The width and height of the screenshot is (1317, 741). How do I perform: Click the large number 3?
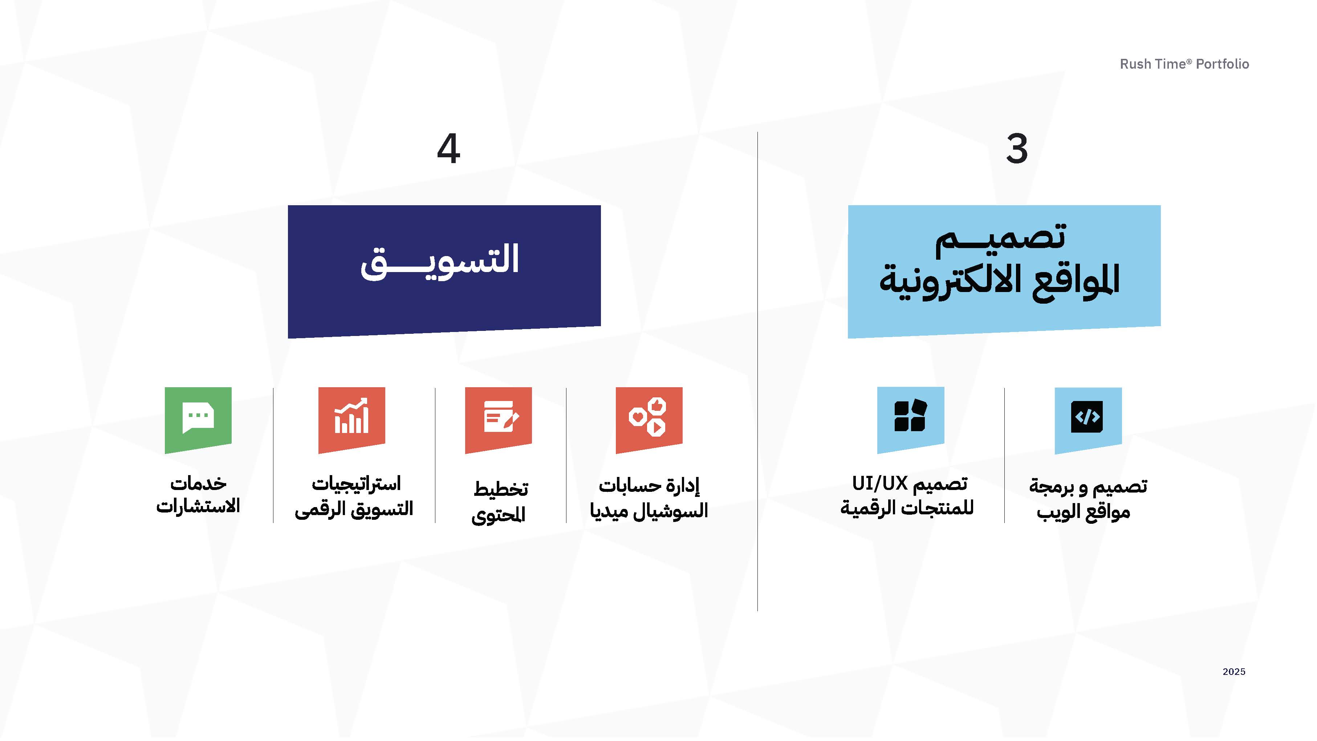1016,149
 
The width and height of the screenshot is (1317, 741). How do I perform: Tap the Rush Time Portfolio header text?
1184,64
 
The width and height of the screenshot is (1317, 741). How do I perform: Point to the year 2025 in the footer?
1233,672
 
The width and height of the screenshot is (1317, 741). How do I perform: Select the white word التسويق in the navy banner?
440,261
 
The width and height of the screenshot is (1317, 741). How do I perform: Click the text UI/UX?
879,483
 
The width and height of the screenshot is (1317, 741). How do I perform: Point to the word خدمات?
198,483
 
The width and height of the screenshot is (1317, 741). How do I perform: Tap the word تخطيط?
500,489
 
